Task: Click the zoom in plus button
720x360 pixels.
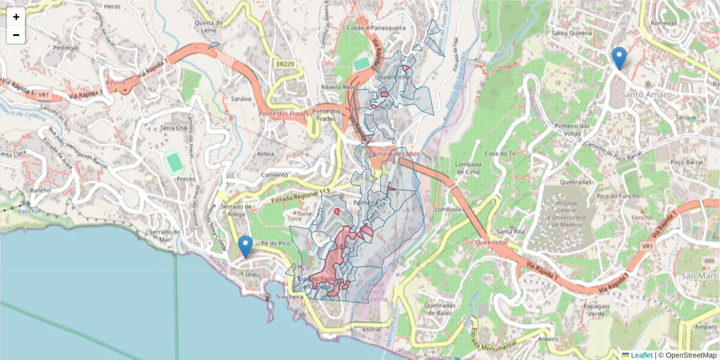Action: click(x=16, y=17)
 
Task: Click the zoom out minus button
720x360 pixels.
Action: click(x=16, y=35)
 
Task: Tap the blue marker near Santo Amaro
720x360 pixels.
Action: click(x=619, y=59)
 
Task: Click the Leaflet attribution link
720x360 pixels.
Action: click(x=641, y=355)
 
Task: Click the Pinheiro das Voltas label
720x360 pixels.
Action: click(x=573, y=130)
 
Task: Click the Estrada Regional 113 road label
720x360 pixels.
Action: click(x=301, y=196)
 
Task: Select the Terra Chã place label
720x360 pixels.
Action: click(x=173, y=128)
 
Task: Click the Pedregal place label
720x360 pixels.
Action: click(x=66, y=47)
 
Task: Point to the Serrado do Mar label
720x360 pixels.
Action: click(x=165, y=236)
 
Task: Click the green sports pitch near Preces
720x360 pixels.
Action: click(x=174, y=162)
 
